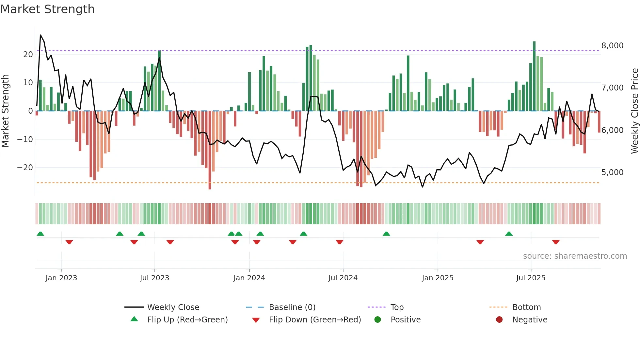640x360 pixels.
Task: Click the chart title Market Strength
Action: (x=47, y=9)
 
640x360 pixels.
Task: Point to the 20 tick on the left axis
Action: (x=28, y=55)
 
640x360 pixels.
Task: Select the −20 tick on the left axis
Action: (x=25, y=168)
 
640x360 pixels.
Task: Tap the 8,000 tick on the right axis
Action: (x=612, y=46)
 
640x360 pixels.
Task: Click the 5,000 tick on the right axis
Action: (x=612, y=172)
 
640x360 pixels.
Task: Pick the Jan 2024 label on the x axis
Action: (x=249, y=278)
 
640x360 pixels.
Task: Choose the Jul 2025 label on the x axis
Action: (x=531, y=278)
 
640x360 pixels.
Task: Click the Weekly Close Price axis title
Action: (x=634, y=111)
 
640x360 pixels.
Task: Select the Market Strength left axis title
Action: (x=5, y=111)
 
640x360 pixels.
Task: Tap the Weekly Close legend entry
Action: (x=173, y=307)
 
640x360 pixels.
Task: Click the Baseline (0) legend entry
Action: (x=292, y=307)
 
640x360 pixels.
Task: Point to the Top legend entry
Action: (x=397, y=307)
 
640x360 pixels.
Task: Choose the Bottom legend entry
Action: (x=526, y=307)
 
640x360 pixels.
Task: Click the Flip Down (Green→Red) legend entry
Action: (x=315, y=320)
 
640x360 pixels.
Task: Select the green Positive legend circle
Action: (x=378, y=320)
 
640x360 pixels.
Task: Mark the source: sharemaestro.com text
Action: (x=575, y=256)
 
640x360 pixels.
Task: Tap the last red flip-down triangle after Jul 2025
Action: (x=556, y=242)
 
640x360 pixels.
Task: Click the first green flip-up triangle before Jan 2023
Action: (x=40, y=234)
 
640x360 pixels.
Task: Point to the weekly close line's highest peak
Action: (x=40, y=35)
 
